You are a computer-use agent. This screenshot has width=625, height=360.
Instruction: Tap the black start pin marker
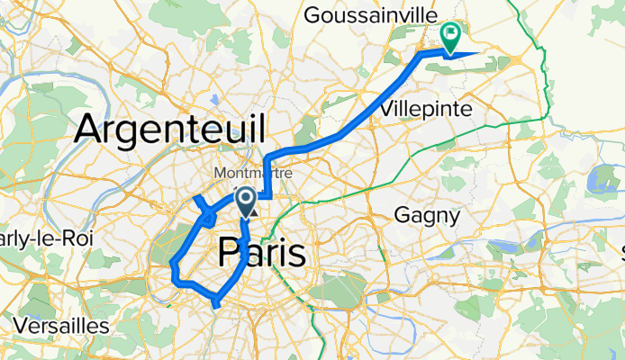click(245, 201)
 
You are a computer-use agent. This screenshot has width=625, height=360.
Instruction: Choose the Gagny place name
click(428, 216)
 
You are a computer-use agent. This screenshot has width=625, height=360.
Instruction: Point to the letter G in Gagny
click(403, 216)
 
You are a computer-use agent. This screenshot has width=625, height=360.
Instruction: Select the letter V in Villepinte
click(387, 108)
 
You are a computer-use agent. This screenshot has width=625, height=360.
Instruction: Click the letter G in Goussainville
click(312, 15)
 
